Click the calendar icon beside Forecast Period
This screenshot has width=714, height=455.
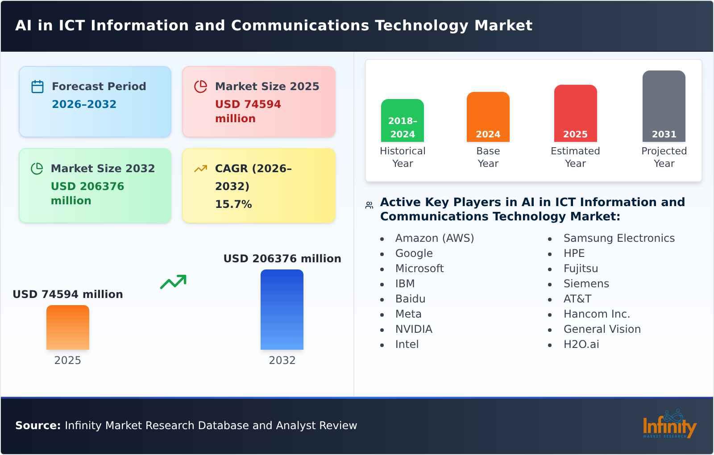pyautogui.click(x=37, y=87)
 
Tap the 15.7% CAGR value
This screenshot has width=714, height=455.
pyautogui.click(x=233, y=204)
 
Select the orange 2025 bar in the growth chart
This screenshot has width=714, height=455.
pyautogui.click(x=68, y=327)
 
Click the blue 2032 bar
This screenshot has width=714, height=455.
pyautogui.click(x=282, y=310)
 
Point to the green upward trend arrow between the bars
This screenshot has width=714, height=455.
pyautogui.click(x=173, y=282)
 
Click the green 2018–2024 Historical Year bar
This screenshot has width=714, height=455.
pyautogui.click(x=403, y=120)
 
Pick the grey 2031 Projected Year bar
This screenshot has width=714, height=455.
pyautogui.click(x=664, y=106)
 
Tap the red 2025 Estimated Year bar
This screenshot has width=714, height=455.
pyautogui.click(x=575, y=113)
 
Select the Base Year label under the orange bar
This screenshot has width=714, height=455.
pyautogui.click(x=488, y=157)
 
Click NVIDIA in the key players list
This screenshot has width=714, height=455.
pyautogui.click(x=414, y=329)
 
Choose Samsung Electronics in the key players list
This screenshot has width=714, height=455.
pyautogui.click(x=619, y=238)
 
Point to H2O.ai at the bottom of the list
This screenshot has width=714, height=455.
pyautogui.click(x=581, y=344)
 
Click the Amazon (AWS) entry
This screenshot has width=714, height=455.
pyautogui.click(x=435, y=238)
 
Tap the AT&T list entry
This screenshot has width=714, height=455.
pyautogui.click(x=577, y=299)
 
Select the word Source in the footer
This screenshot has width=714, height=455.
pyautogui.click(x=38, y=426)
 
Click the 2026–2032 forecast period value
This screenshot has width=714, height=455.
pyautogui.click(x=84, y=104)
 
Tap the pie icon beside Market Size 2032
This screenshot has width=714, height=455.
pyautogui.click(x=37, y=169)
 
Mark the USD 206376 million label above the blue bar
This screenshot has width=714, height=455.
pyautogui.click(x=282, y=259)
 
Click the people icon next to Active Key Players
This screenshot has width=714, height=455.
pyautogui.click(x=369, y=205)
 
